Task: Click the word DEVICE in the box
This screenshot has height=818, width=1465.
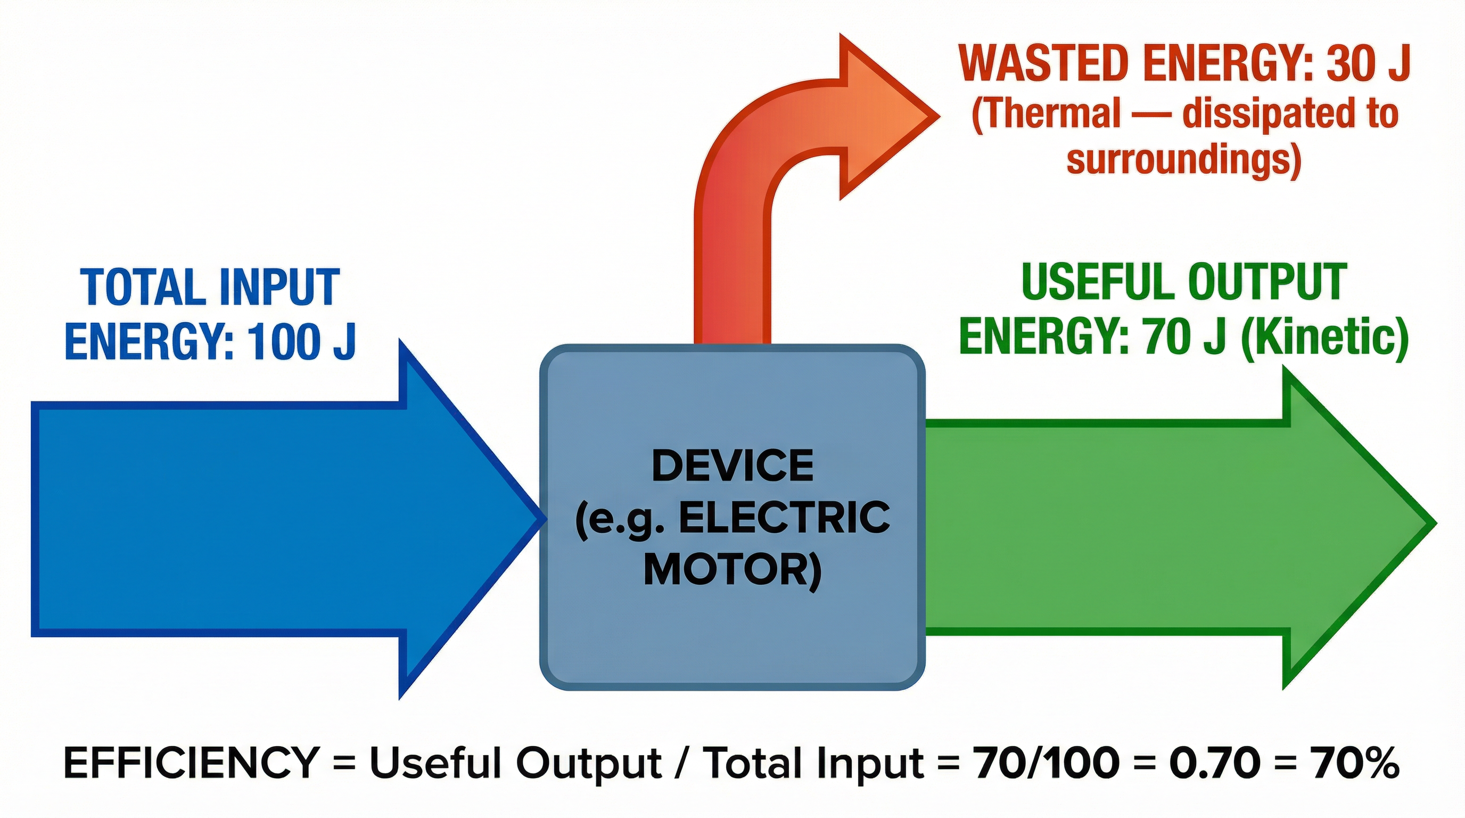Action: click(732, 466)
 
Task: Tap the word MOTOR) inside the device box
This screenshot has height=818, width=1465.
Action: click(732, 570)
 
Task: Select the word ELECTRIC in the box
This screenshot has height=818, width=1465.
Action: click(785, 519)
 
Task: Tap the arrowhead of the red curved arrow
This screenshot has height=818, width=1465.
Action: click(887, 117)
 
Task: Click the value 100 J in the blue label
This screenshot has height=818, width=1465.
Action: click(301, 341)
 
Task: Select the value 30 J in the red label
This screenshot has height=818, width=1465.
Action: click(1368, 64)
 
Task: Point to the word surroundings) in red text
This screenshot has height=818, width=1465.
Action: click(1183, 160)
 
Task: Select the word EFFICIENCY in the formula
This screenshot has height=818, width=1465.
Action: click(191, 763)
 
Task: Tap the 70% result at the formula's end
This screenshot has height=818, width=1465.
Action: click(1356, 763)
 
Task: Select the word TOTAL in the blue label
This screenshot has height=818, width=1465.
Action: click(142, 287)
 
